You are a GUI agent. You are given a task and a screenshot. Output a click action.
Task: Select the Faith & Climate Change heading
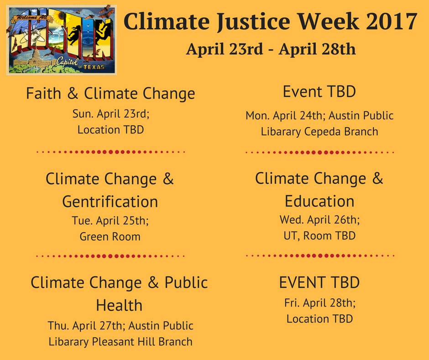click(x=110, y=93)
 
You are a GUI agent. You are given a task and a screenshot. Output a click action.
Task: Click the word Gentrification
click(x=110, y=201)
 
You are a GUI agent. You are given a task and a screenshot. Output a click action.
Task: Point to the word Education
click(x=319, y=201)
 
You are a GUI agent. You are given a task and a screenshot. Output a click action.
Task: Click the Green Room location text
click(x=110, y=237)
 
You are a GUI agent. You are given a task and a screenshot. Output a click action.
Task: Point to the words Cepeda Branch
click(x=341, y=132)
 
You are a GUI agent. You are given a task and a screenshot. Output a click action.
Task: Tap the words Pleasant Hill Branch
click(x=142, y=342)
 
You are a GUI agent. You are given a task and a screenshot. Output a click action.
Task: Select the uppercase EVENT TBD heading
click(x=319, y=282)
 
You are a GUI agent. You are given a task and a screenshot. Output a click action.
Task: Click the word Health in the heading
click(x=119, y=305)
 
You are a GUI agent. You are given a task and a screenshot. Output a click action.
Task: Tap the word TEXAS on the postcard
click(x=94, y=67)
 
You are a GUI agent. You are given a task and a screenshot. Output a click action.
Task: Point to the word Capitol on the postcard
click(x=68, y=62)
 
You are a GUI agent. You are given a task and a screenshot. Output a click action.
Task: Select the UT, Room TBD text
click(x=319, y=236)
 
